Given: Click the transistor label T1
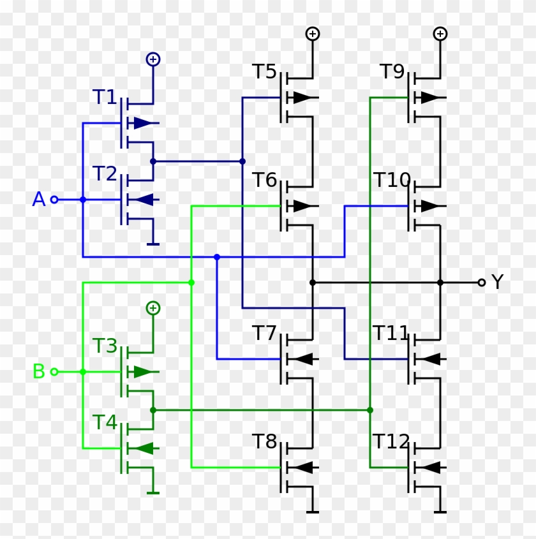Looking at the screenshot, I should click(x=105, y=97).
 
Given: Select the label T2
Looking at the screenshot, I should click(x=105, y=174).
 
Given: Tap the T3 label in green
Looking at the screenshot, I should click(x=105, y=346).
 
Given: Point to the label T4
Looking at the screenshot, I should click(x=105, y=422).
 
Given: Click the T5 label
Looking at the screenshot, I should click(x=265, y=71).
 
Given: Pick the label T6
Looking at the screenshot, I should click(x=265, y=181).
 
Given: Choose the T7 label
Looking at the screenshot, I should click(x=265, y=333).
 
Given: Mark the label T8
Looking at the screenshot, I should click(x=265, y=441).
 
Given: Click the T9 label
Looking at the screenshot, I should click(x=392, y=71).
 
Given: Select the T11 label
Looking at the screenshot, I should click(x=391, y=333).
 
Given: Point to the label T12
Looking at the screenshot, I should click(x=391, y=441).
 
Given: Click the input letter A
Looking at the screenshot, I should click(x=39, y=200).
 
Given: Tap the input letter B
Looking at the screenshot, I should click(x=39, y=371).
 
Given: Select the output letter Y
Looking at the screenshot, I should click(x=498, y=282).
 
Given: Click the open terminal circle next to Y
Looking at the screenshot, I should click(x=482, y=282).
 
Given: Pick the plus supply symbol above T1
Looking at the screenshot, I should click(x=153, y=59).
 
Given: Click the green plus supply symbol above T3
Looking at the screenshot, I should click(x=153, y=308).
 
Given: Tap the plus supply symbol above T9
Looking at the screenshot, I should click(x=440, y=34).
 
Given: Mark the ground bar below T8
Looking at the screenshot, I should click(x=313, y=512).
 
